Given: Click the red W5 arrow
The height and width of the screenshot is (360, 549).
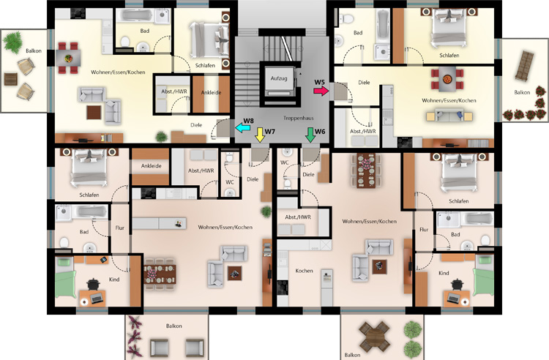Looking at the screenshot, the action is (x=321, y=91).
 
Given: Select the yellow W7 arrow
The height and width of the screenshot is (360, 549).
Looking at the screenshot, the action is (x=260, y=135).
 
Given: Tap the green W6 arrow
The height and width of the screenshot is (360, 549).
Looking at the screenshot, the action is (x=310, y=135).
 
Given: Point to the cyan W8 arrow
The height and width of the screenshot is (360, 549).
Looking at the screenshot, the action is (x=242, y=128).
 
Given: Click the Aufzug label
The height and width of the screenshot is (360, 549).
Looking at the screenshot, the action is (x=279, y=78).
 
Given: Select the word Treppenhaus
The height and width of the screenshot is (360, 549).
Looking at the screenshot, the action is (x=299, y=119).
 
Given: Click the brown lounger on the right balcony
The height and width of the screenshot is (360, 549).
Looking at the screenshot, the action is (x=524, y=66).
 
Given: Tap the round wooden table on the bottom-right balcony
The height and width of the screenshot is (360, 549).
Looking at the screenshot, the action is (x=374, y=337).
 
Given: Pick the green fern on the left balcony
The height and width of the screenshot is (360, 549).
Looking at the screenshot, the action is (x=13, y=42).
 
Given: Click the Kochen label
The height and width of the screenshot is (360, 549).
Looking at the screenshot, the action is (x=304, y=271).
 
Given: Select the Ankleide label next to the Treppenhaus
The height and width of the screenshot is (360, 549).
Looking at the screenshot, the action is (x=211, y=93).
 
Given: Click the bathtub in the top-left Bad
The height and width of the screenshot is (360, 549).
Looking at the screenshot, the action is (x=135, y=16).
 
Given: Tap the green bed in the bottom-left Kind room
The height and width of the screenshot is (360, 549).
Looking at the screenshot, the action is (x=65, y=277).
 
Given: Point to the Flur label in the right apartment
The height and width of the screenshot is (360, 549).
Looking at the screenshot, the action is (x=424, y=230).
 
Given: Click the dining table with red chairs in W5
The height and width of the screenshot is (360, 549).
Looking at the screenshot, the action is (x=447, y=80).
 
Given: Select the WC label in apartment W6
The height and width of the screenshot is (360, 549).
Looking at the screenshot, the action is (x=284, y=162).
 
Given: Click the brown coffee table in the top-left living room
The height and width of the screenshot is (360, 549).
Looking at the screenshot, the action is (x=94, y=113).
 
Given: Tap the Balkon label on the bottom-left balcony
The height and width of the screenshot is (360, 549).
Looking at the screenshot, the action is (x=174, y=326).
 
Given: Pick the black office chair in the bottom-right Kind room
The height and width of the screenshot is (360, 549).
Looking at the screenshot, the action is (x=457, y=284).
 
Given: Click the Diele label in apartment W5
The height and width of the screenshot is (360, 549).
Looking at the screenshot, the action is (x=364, y=83).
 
